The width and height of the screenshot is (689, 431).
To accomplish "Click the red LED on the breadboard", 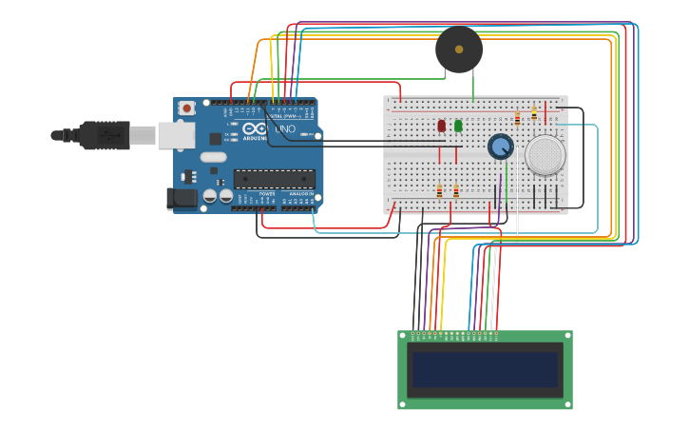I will coord(441,126).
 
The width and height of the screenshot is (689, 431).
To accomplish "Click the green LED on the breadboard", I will coord(458,126).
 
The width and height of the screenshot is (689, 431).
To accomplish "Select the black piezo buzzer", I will coord(459,49).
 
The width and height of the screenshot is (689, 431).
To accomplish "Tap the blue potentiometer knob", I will coord(500,147).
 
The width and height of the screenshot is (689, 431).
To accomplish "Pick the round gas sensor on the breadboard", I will coord(545,155).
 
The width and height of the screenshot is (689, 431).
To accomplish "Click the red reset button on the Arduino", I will coord(186,108).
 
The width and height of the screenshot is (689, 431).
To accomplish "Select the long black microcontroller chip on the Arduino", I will coord(275,179).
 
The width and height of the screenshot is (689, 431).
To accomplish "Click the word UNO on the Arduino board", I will coord(285,129).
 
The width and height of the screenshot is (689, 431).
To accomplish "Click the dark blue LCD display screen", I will coord(485,370).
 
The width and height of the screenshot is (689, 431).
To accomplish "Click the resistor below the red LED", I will coord(439,190).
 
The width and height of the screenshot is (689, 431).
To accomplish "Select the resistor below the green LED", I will coord(456,190).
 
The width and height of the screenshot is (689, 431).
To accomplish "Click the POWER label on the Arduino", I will coord(267,194).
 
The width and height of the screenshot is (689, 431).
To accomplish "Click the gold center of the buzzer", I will coord(459,49).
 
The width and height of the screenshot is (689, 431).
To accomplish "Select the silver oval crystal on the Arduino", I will coord(214,157).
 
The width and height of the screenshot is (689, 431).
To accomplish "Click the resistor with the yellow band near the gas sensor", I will coord(534,113).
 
